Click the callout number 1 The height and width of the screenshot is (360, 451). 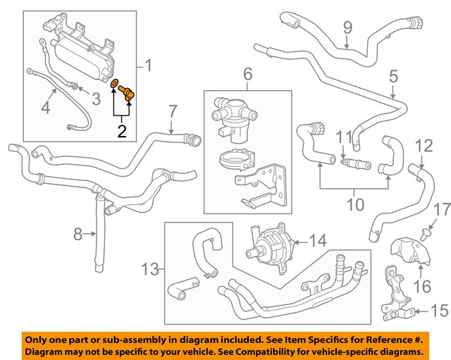149,67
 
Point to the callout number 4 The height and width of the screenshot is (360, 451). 45,108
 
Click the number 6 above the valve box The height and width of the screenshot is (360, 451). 247,74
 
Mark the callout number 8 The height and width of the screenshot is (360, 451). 79,231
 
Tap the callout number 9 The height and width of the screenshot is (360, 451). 347,28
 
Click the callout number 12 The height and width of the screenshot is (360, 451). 424,146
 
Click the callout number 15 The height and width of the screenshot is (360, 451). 438,310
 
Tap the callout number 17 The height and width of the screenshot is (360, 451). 440,209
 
